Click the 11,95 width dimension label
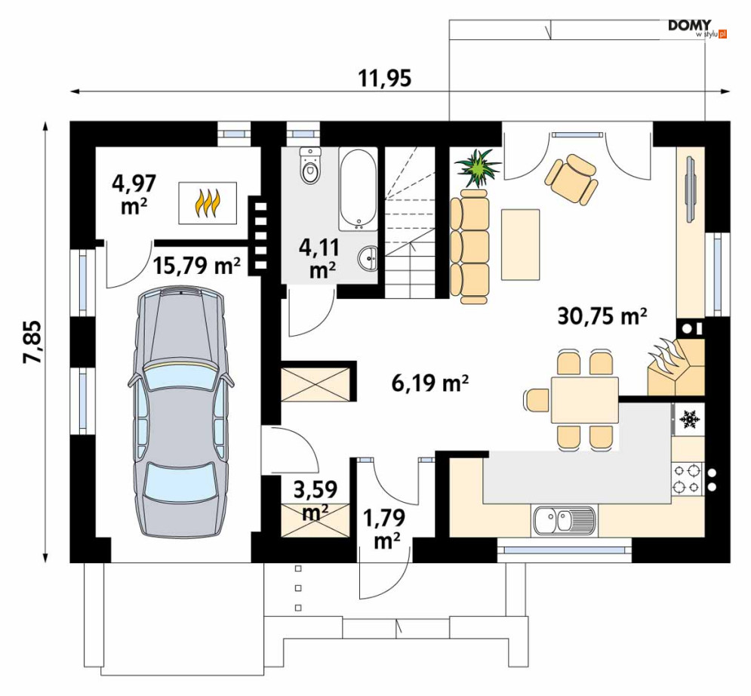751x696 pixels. pos(385,79)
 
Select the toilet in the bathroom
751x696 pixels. pos(310,165)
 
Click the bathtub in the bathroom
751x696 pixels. pos(359,189)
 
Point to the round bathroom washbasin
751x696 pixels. pos(368,259)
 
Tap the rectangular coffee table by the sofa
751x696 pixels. pos(521,245)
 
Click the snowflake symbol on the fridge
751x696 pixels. pos(690,419)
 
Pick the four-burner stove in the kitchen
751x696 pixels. pos(688,479)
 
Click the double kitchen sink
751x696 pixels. pos(565,521)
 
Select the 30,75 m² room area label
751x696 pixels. pos(602,316)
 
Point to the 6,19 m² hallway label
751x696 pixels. pos(429,383)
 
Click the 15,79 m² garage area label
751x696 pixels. pos(196,265)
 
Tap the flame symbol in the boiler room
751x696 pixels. pos(208,203)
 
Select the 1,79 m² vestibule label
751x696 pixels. pos(384,529)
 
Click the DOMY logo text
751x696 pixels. pos(690,26)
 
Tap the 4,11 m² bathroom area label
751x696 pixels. pos(319,259)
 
